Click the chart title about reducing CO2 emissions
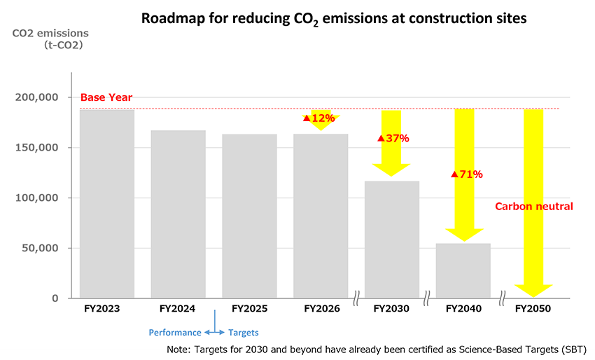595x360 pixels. tap(333, 18)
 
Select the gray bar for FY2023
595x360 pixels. tap(106, 203)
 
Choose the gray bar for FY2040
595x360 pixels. tap(463, 270)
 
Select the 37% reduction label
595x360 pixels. tap(393, 139)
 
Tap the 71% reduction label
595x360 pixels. tap(467, 174)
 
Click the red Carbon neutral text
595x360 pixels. tap(533, 207)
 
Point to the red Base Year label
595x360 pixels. tap(106, 97)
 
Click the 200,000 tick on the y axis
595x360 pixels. tap(36, 97)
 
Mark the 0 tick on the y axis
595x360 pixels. tap(55, 298)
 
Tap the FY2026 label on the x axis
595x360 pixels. tap(321, 309)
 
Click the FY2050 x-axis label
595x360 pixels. tap(533, 309)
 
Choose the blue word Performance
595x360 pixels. tap(174, 333)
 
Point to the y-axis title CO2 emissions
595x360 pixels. tap(50, 33)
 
